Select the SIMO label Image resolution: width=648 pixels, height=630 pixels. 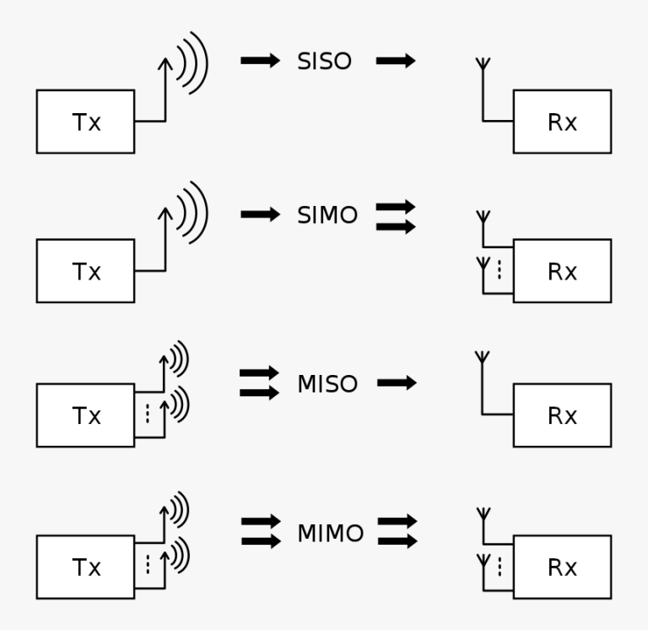pyautogui.click(x=327, y=215)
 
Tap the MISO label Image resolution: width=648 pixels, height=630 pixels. pyautogui.click(x=327, y=384)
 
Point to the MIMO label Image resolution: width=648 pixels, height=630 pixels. pyautogui.click(x=330, y=534)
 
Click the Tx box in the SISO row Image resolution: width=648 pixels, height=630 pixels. pyautogui.click(x=85, y=122)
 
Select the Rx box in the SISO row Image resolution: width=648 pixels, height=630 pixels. pyautogui.click(x=562, y=122)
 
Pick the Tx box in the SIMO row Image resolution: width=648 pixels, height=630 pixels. pyautogui.click(x=85, y=271)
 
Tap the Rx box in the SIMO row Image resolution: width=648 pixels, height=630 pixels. pyautogui.click(x=562, y=271)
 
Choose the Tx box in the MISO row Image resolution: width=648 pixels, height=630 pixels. pyautogui.click(x=85, y=415)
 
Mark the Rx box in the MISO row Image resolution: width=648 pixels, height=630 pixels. pyautogui.click(x=562, y=415)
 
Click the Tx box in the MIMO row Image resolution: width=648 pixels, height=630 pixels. pyautogui.click(x=85, y=567)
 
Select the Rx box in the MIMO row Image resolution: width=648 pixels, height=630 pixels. pyautogui.click(x=562, y=567)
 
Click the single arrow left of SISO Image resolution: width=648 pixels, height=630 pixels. pyautogui.click(x=260, y=61)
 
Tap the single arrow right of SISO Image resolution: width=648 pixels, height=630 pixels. pyautogui.click(x=396, y=61)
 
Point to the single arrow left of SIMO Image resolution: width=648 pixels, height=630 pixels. pyautogui.click(x=260, y=215)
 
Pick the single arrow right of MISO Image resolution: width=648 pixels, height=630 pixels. pyautogui.click(x=397, y=383)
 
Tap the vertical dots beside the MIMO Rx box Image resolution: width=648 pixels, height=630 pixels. pyautogui.click(x=499, y=567)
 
